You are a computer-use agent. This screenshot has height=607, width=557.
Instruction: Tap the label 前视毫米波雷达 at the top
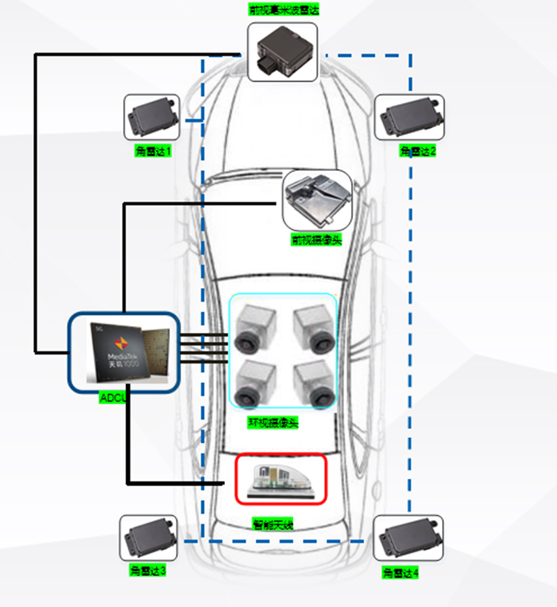[x=283, y=10]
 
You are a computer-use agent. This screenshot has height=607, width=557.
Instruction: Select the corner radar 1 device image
[x=152, y=117]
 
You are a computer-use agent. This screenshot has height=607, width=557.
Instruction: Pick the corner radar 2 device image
[x=409, y=117]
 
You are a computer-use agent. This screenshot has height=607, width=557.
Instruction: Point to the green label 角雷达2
[x=418, y=151]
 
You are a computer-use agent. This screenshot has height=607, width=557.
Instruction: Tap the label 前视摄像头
[x=317, y=240]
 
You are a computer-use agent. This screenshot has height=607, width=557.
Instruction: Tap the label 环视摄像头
[x=273, y=422]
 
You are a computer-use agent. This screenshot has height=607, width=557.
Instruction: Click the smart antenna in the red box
[x=281, y=480]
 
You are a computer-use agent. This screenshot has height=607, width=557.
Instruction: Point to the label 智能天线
[x=273, y=525]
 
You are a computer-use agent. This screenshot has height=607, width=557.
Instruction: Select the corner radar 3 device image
[x=148, y=538]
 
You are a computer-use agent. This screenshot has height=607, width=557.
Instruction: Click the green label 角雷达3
[x=148, y=571]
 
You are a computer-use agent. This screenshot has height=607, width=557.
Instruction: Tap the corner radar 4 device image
[x=408, y=538]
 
